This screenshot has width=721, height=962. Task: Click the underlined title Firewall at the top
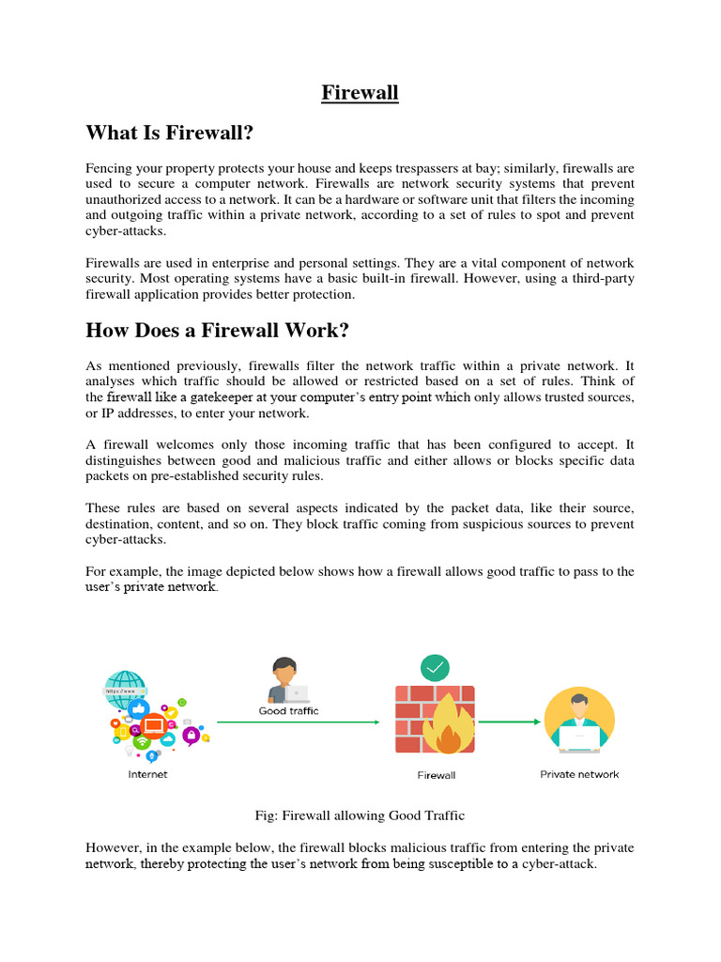(x=360, y=93)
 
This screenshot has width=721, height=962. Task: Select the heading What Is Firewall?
(x=170, y=134)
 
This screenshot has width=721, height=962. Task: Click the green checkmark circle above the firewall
(x=435, y=667)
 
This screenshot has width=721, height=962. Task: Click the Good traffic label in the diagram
(x=288, y=711)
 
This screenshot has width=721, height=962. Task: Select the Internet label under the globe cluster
(x=148, y=774)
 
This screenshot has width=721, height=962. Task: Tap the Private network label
(x=579, y=774)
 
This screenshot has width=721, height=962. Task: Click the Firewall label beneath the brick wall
(x=436, y=775)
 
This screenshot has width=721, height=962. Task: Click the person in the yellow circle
(x=580, y=721)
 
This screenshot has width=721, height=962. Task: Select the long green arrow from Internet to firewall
(x=298, y=722)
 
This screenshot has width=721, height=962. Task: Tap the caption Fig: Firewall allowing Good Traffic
(x=360, y=815)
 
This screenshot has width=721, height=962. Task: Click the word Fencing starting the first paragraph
(x=111, y=168)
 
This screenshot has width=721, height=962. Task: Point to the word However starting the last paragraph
(x=115, y=847)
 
